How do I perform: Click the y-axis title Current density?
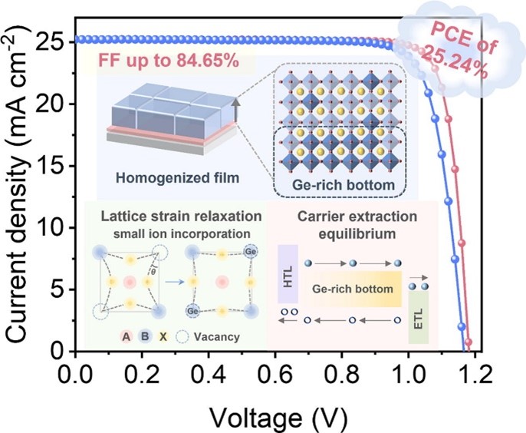(x=18, y=196)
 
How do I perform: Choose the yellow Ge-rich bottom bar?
(x=352, y=291)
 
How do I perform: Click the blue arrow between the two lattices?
(x=175, y=281)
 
